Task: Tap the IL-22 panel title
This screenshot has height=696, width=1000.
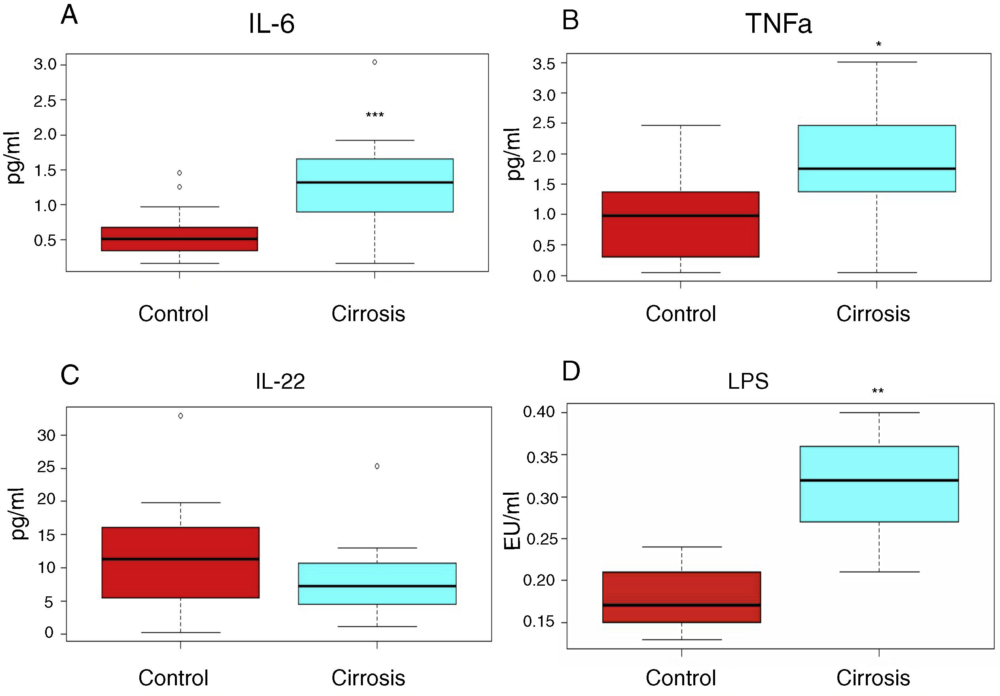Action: pyautogui.click(x=280, y=381)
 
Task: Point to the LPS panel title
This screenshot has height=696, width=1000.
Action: pyautogui.click(x=748, y=381)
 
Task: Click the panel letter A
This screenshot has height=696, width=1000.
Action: pyautogui.click(x=69, y=16)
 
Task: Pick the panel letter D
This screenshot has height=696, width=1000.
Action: pyautogui.click(x=571, y=371)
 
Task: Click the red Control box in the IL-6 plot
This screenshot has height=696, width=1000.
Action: pyautogui.click(x=179, y=239)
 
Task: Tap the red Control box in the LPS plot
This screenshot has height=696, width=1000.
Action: pyautogui.click(x=681, y=597)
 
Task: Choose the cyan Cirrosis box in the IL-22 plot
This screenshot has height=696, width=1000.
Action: pyautogui.click(x=377, y=583)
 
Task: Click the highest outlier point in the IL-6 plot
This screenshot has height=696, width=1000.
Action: pyautogui.click(x=375, y=62)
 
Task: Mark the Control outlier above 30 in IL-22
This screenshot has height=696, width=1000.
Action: pyautogui.click(x=181, y=416)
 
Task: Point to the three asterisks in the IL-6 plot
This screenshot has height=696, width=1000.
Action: pyautogui.click(x=375, y=115)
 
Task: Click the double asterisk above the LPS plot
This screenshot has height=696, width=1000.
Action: pyautogui.click(x=878, y=391)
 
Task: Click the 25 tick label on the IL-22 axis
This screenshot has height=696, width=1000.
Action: pyautogui.click(x=46, y=467)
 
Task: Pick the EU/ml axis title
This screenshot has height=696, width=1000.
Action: pyautogui.click(x=512, y=520)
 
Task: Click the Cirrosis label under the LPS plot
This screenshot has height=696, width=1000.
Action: pyautogui.click(x=873, y=678)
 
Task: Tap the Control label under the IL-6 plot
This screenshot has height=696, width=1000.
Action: pyautogui.click(x=173, y=313)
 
